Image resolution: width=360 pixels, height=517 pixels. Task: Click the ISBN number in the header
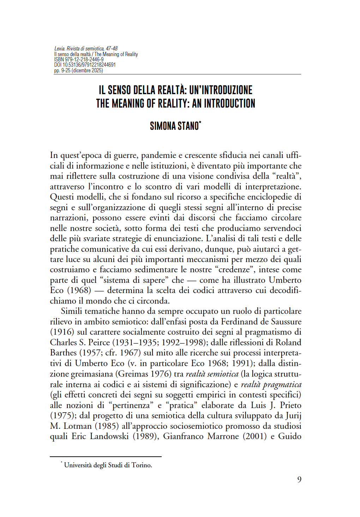click(84, 60)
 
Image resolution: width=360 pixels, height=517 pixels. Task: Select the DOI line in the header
click(85, 65)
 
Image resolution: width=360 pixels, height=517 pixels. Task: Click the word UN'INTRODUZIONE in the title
click(221, 90)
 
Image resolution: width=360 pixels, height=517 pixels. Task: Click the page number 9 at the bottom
click(299, 479)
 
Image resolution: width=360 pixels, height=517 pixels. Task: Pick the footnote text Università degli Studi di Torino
click(108, 465)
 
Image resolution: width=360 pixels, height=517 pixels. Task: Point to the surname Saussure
click(286, 322)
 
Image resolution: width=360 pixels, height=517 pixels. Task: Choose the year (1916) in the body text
click(62, 332)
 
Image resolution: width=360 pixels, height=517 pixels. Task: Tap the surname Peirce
click(99, 342)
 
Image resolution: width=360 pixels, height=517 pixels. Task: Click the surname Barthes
click(63, 353)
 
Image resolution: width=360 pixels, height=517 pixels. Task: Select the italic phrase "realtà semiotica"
click(212, 374)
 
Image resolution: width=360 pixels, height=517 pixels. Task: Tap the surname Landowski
click(109, 436)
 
